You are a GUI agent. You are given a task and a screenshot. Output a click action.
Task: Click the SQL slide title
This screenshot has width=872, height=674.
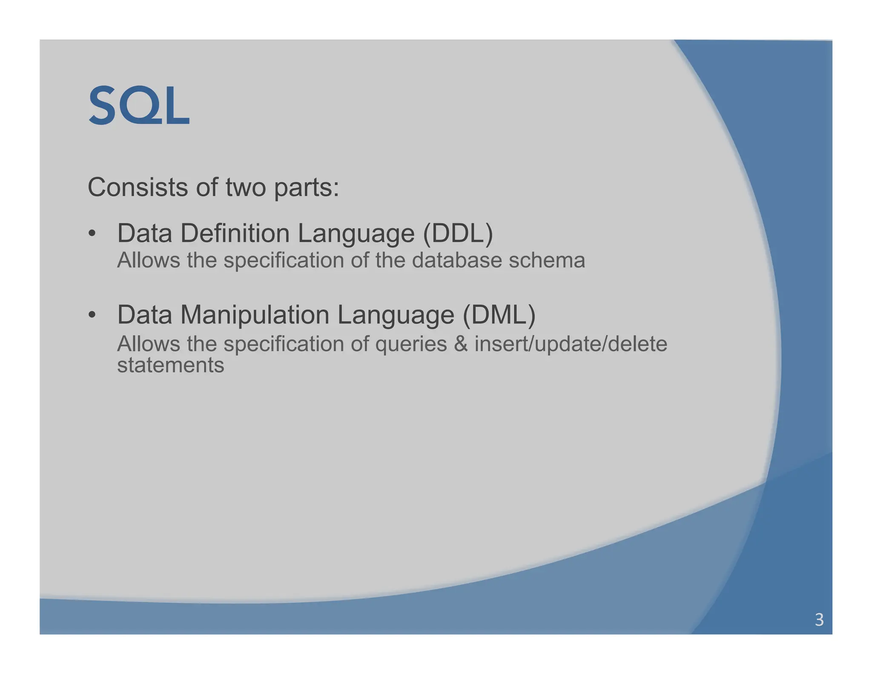[x=139, y=105]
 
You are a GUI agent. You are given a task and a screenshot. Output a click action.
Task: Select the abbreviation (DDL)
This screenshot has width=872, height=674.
[x=458, y=233]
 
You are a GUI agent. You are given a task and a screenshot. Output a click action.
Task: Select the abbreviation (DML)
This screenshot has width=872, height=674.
[x=499, y=315]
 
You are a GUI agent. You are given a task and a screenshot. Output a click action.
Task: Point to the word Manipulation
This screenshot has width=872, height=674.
[x=255, y=315]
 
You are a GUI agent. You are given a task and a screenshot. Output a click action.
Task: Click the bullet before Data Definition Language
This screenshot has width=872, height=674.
[x=92, y=233]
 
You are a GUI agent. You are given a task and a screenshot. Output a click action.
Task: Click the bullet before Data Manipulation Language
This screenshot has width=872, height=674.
[x=92, y=315]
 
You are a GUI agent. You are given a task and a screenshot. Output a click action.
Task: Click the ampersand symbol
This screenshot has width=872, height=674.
[x=461, y=344]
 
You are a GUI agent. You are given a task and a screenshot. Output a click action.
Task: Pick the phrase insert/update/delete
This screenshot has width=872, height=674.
[x=571, y=344]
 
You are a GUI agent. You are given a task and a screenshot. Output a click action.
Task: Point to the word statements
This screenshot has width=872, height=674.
[x=170, y=365]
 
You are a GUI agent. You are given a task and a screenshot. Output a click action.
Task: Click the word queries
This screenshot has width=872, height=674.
[x=411, y=344]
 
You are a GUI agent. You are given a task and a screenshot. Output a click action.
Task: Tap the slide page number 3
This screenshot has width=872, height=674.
[x=819, y=619]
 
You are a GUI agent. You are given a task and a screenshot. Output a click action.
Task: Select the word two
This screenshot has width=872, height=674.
[x=246, y=187]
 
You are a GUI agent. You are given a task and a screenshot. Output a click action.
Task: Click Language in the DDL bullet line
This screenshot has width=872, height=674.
[x=356, y=234]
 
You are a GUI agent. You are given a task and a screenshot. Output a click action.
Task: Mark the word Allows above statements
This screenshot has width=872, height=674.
[x=148, y=344]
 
